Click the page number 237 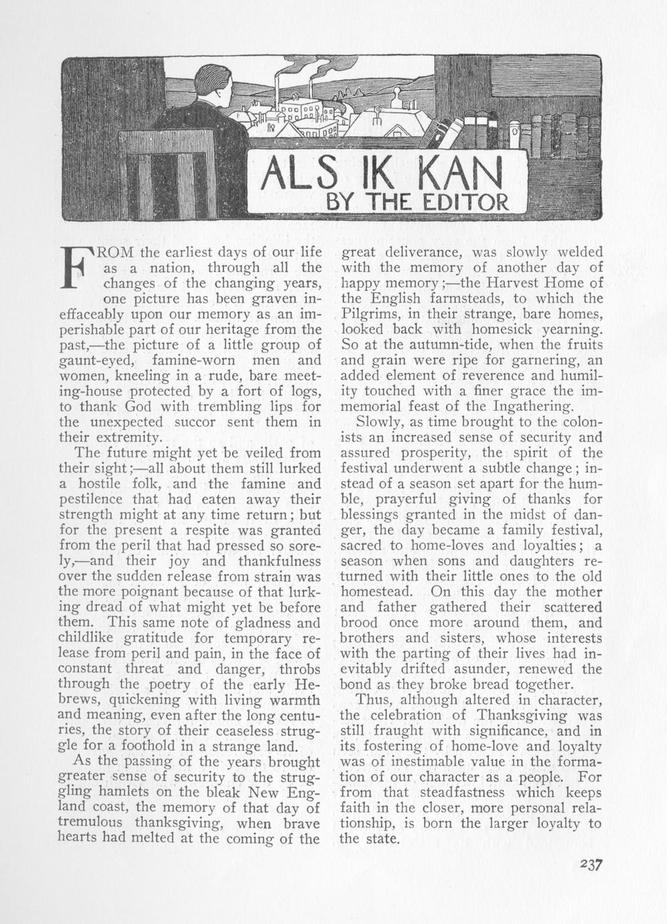(592, 863)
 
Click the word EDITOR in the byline (467, 202)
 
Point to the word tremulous (92, 822)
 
